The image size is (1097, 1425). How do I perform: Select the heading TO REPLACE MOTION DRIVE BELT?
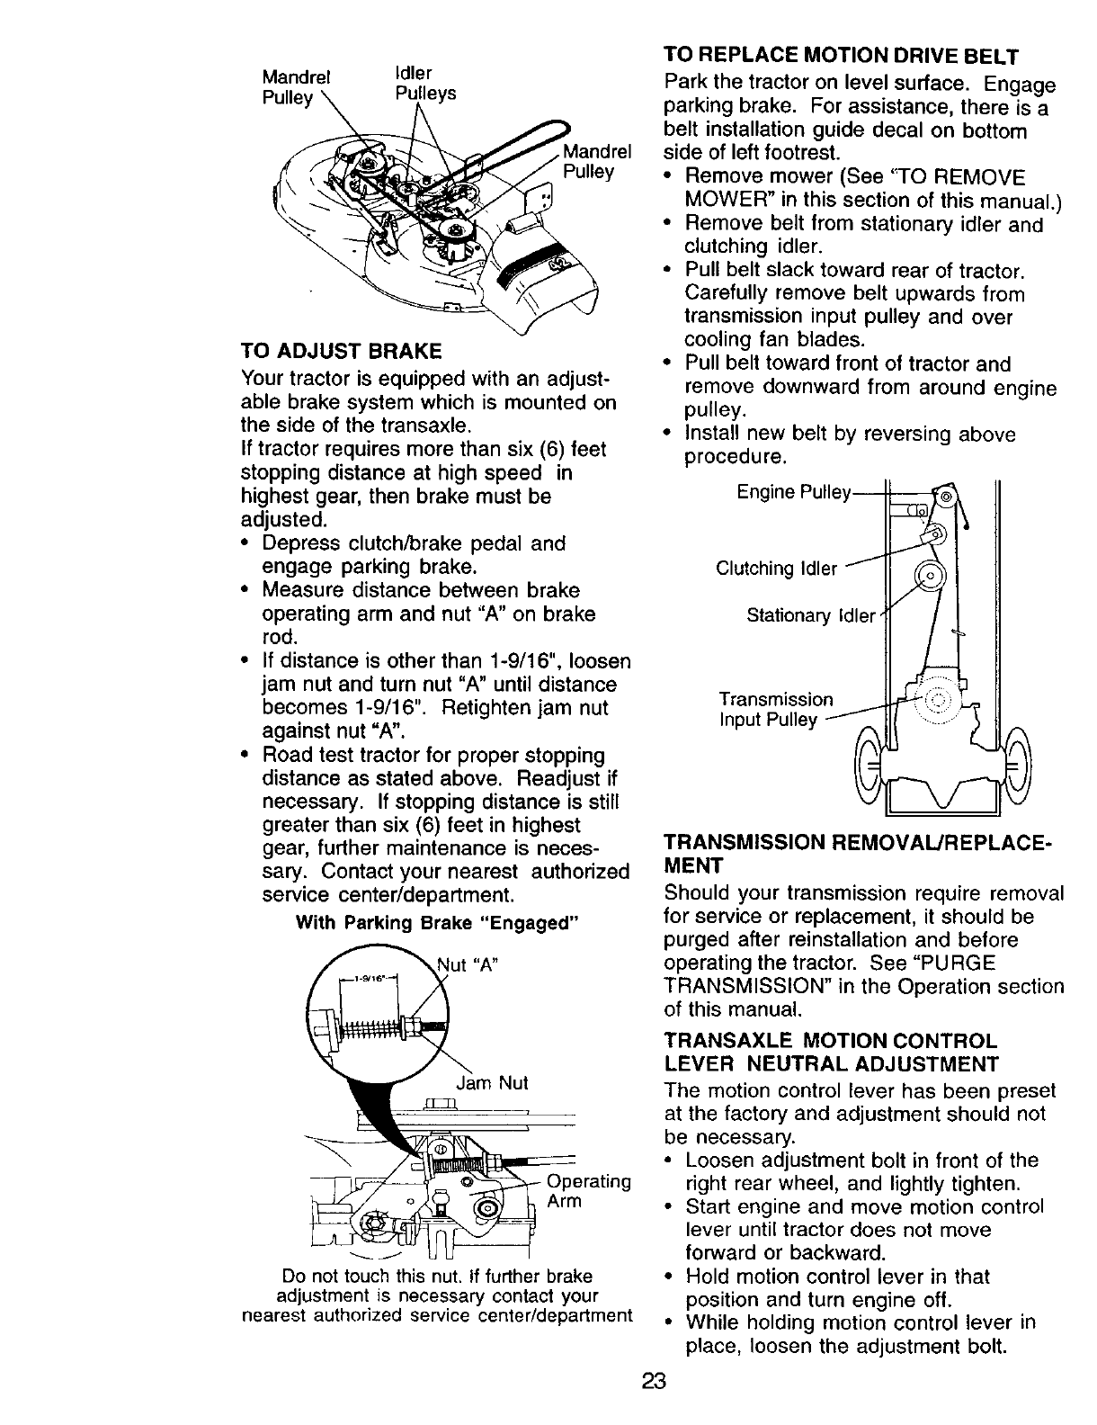841,57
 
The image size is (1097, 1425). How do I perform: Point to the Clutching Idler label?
776,569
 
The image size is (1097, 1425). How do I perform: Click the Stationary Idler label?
810,616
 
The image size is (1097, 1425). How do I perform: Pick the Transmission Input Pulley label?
775,710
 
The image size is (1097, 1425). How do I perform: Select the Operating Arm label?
589,1190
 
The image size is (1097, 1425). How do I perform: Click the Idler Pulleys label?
424,83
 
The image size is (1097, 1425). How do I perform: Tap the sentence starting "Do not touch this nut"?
438,1295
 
